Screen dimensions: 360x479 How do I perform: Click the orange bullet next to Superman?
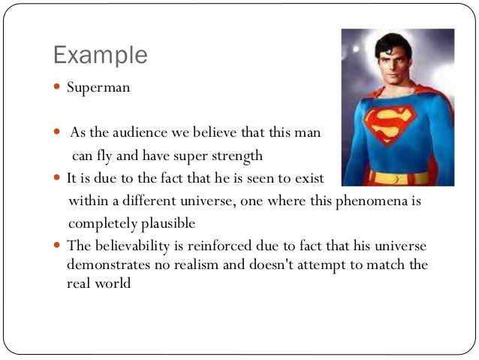[58, 87]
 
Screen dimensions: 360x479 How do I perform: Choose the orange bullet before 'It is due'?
[58, 180]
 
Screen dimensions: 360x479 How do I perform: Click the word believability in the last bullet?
[132, 246]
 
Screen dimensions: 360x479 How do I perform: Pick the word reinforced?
[222, 246]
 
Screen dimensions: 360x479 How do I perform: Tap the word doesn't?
[290, 265]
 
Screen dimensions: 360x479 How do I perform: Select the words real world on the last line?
[98, 284]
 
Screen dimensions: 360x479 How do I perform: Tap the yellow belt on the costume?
[398, 178]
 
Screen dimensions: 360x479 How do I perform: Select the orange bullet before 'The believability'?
[58, 246]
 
